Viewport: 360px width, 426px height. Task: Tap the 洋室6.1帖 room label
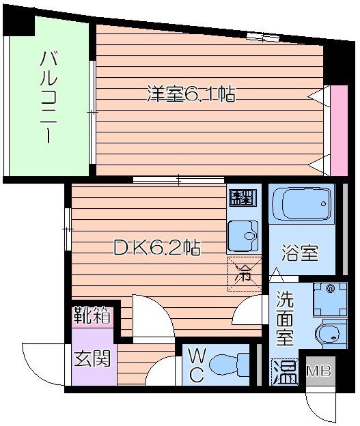coord(191,94)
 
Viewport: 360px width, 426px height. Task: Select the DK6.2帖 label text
coord(156,248)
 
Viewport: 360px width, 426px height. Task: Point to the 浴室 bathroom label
coord(301,253)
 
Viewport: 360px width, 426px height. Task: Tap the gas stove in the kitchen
coord(241,198)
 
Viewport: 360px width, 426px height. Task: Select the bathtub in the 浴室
coord(301,203)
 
